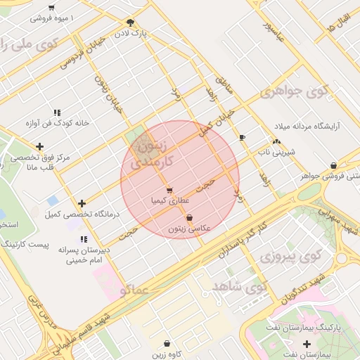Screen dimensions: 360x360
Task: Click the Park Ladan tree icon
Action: [130, 22]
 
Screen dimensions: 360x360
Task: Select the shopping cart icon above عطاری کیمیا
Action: [169, 191]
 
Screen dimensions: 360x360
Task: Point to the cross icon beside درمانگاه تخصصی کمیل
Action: [82, 203]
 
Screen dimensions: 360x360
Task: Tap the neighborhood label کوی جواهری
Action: [294, 91]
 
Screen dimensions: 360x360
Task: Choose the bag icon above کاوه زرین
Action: [167, 344]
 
